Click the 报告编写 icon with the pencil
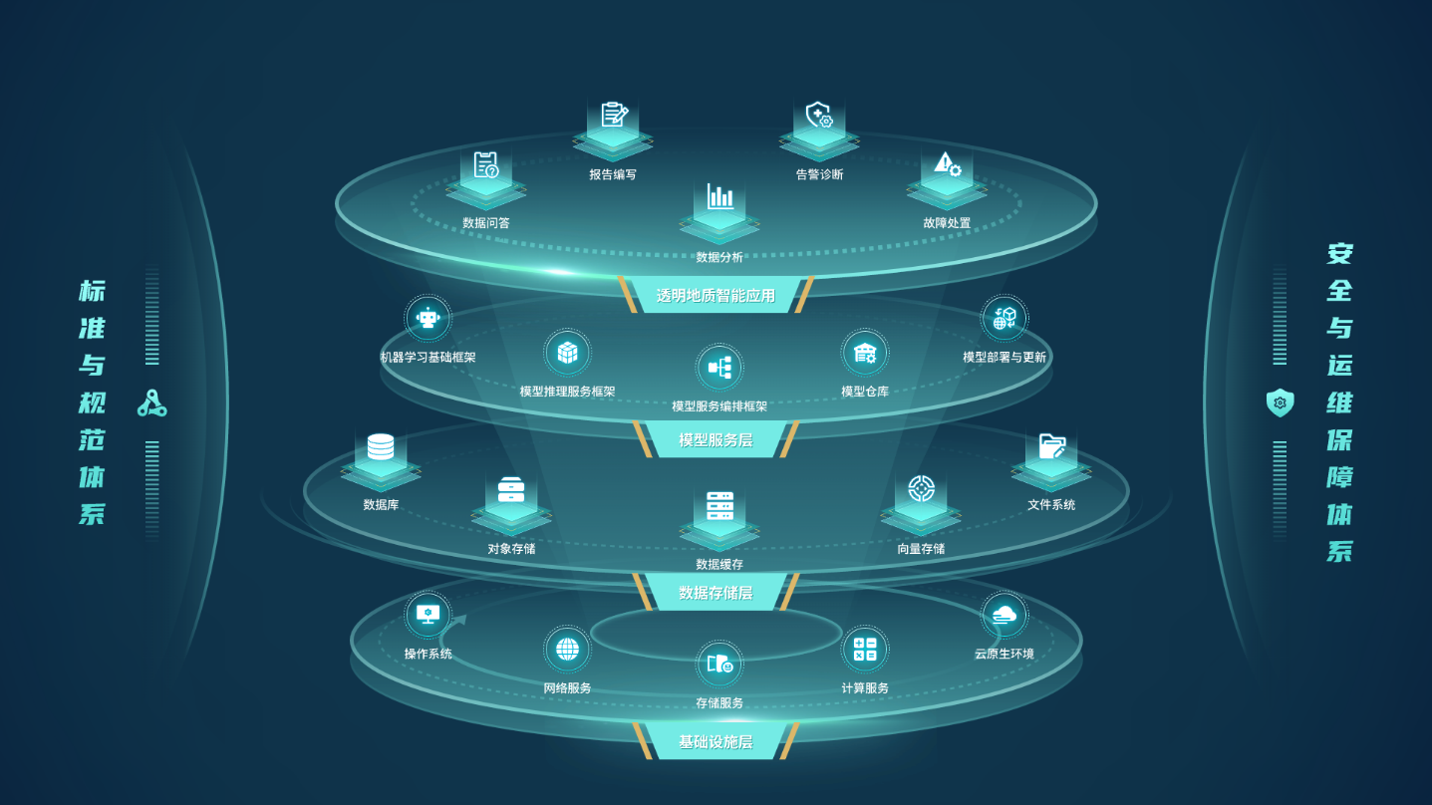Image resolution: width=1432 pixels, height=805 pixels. click(614, 116)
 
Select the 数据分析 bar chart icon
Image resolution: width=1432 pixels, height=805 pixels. click(719, 196)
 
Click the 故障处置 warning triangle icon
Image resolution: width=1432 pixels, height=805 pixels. click(947, 163)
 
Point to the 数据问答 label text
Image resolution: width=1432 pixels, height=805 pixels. click(486, 223)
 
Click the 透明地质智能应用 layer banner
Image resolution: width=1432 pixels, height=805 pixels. click(716, 295)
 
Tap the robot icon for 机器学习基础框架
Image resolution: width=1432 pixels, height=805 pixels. click(429, 319)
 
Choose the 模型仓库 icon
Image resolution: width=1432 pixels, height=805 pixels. click(865, 353)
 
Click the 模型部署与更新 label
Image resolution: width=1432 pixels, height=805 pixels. click(1004, 357)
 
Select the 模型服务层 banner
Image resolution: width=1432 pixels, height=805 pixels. click(716, 439)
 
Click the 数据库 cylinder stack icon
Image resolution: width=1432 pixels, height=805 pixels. click(381, 446)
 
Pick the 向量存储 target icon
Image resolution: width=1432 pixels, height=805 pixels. click(921, 489)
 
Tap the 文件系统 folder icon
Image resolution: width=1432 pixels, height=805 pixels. click(1051, 445)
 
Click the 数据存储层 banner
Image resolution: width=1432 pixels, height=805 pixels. click(716, 593)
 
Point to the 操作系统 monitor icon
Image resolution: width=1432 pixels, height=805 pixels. click(429, 615)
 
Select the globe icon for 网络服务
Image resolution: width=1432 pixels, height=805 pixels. click(567, 650)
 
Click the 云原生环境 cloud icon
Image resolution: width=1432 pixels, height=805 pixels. click(1004, 615)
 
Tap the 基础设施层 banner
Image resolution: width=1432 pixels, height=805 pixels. click(716, 742)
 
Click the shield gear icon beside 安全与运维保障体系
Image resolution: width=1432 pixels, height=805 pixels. click(1280, 402)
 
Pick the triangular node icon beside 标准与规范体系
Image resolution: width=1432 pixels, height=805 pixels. click(151, 403)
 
